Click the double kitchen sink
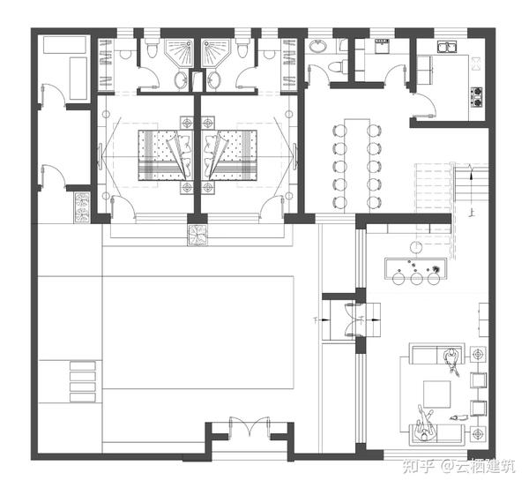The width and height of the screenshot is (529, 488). pos(447,47)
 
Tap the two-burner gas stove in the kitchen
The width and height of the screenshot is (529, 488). pos(477,97)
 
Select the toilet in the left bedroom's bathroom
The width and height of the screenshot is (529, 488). pos(152,48)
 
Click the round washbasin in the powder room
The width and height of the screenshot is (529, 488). pos(317,46)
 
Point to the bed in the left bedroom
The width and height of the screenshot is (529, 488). pos(166,155)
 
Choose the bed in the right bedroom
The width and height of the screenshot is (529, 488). pos(229,155)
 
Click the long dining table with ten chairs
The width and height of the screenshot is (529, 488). pos(357,166)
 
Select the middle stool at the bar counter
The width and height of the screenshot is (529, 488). pos(416,278)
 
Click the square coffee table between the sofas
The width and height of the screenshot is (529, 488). pos(437,394)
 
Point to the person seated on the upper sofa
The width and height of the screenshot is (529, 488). pos(451,360)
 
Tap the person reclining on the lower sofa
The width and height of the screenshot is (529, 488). pos(424,424)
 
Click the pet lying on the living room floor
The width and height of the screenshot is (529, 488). pos(458,417)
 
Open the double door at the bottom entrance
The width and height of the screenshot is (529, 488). pos(250,427)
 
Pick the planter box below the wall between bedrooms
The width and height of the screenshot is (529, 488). pos(197,234)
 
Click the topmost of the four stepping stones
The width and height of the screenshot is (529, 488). pos(83,366)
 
